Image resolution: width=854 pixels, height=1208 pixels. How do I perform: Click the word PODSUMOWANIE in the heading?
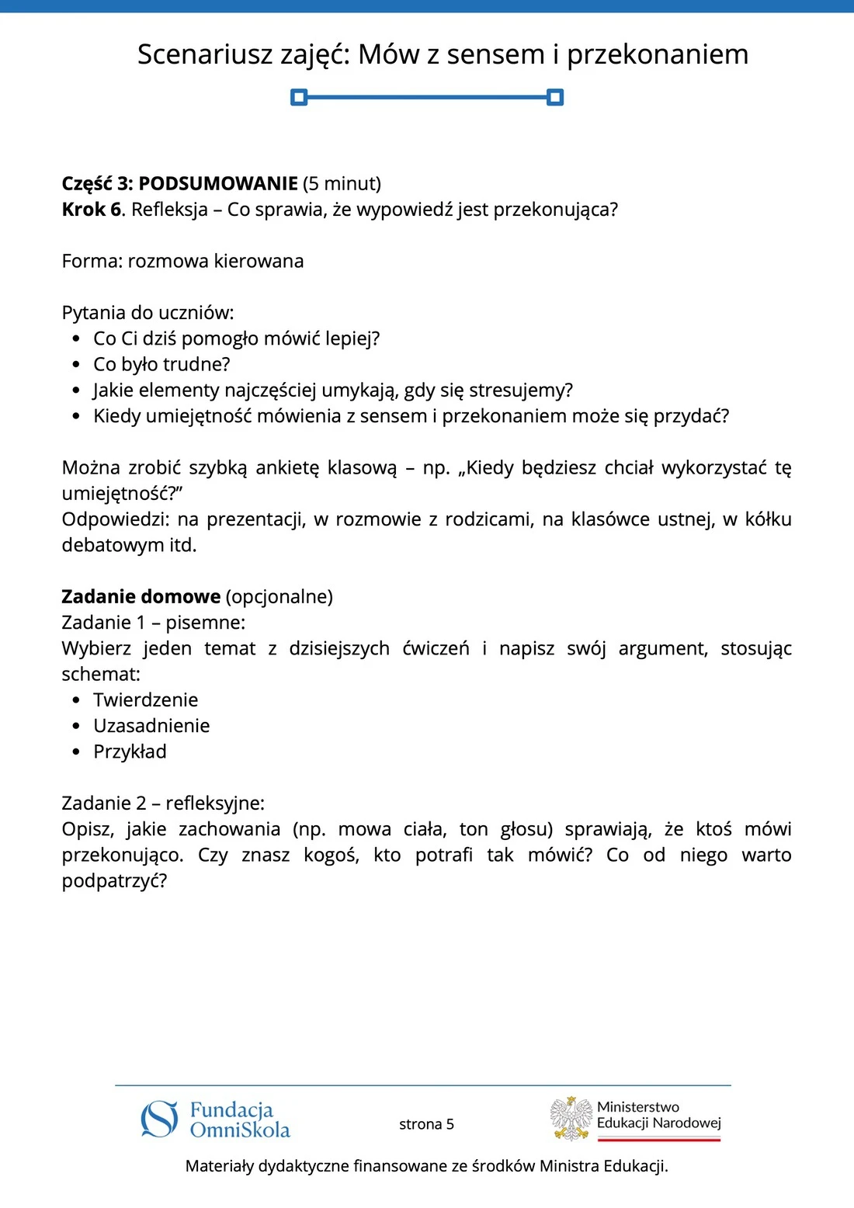pyautogui.click(x=218, y=184)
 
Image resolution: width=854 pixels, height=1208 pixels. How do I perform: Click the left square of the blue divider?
pyautogui.click(x=299, y=97)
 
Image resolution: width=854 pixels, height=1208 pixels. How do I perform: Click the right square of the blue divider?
pyautogui.click(x=555, y=97)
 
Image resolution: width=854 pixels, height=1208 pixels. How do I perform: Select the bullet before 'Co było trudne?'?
pyautogui.click(x=76, y=365)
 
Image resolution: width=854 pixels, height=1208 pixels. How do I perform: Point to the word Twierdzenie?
pyautogui.click(x=145, y=700)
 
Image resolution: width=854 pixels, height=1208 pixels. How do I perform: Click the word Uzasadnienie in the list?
pyautogui.click(x=151, y=726)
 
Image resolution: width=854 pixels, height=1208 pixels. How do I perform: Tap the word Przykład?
pyautogui.click(x=130, y=752)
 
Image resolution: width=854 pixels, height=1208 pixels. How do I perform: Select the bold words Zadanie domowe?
pyautogui.click(x=141, y=597)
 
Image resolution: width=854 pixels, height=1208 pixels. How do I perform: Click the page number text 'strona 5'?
pyautogui.click(x=426, y=1124)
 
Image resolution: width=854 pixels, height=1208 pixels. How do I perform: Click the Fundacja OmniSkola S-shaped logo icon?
pyautogui.click(x=159, y=1119)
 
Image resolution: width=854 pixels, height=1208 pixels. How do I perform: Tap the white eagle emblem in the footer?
pyautogui.click(x=571, y=1118)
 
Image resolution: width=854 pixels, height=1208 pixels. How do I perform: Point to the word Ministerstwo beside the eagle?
pyautogui.click(x=638, y=1107)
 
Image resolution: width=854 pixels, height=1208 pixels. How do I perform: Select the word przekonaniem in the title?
pyautogui.click(x=658, y=54)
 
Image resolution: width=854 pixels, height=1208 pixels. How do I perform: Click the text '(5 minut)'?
pyautogui.click(x=342, y=184)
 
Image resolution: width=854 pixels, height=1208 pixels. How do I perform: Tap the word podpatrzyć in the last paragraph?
pyautogui.click(x=113, y=881)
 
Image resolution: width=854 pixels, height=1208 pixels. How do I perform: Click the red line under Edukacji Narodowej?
pyautogui.click(x=659, y=1139)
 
